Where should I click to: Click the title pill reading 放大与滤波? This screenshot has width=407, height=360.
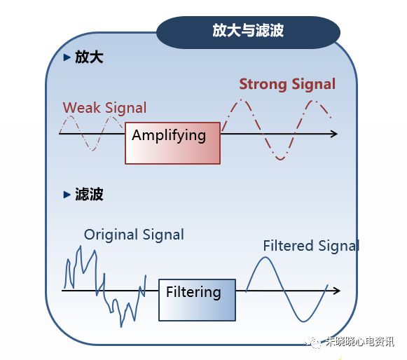click(248, 32)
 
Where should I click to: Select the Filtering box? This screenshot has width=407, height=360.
click(197, 299)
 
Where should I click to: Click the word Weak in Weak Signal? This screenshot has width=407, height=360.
click(81, 108)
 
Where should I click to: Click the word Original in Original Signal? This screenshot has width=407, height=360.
click(109, 235)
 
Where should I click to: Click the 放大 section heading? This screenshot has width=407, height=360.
click(90, 57)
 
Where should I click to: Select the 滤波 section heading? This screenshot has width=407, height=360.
click(90, 195)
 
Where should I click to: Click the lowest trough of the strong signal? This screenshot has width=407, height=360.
click(280, 159)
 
